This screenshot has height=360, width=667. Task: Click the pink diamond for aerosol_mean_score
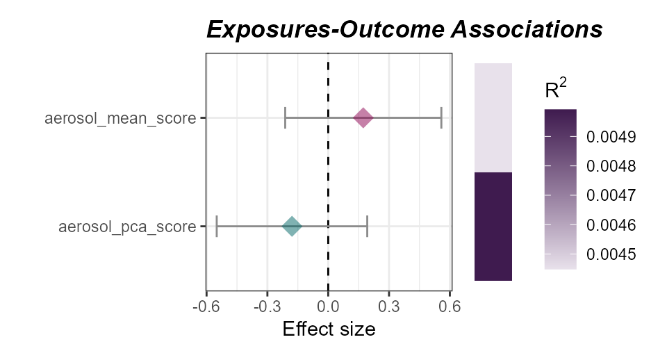[x=363, y=118]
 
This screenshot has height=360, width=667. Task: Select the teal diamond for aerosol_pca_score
[x=292, y=227]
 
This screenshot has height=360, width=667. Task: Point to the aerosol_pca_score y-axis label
[x=127, y=227]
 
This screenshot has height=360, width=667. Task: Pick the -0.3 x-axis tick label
[x=267, y=305]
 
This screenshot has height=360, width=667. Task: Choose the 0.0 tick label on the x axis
[x=328, y=305]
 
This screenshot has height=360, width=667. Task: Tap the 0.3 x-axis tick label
[x=389, y=305]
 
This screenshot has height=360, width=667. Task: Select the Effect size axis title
[x=329, y=329]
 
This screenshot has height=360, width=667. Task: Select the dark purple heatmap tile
[x=493, y=227]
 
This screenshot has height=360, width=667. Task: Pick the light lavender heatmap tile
[x=493, y=117]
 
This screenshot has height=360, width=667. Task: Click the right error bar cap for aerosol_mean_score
[x=441, y=118]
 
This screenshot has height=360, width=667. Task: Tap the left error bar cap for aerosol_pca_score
[x=217, y=227]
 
